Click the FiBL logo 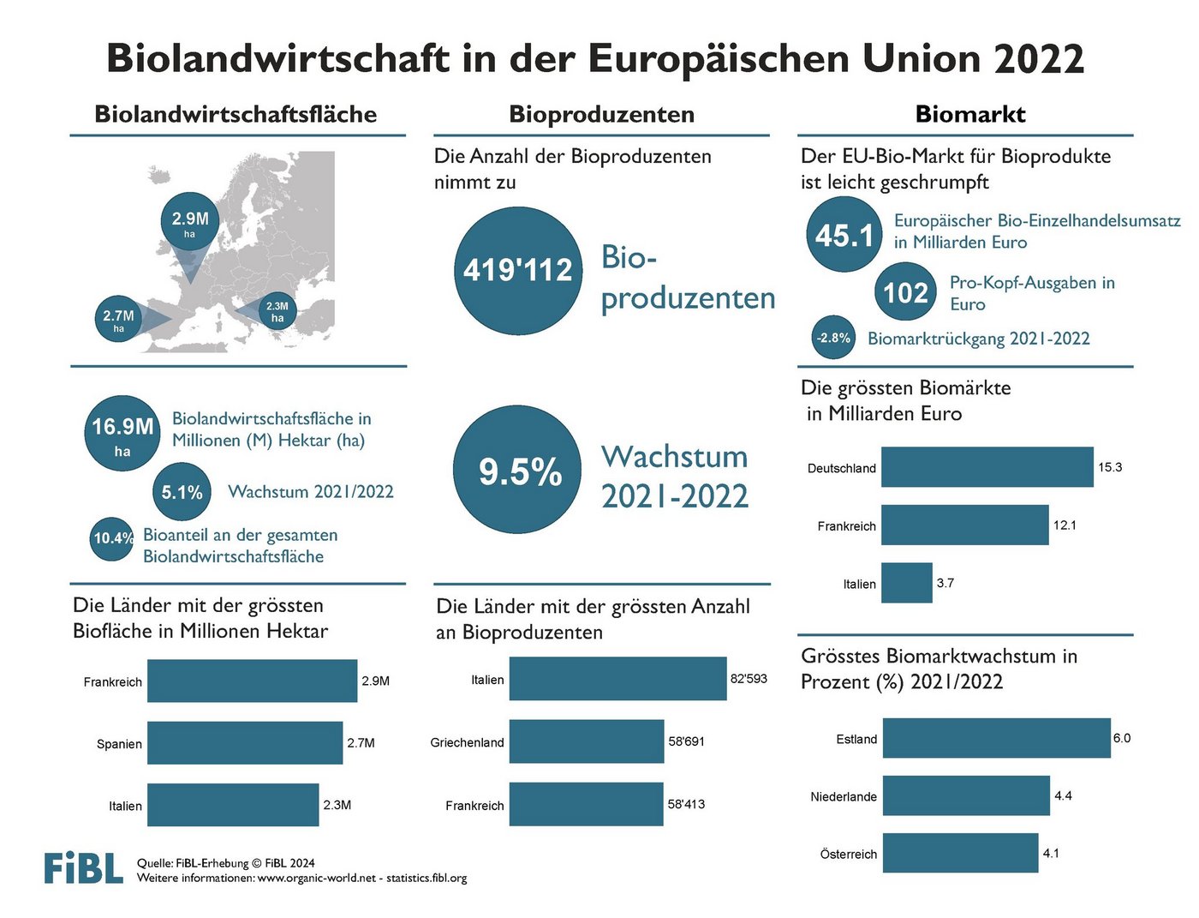84,867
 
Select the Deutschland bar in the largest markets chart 987,467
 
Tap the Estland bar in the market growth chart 996,738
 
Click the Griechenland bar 586,741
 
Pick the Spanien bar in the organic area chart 244,743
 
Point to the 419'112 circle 517,271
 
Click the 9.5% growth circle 517,471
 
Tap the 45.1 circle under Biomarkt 844,235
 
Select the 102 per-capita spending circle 905,293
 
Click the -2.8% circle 833,338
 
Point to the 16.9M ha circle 122,433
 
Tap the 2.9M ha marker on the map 190,221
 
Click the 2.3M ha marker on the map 277,312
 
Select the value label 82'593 749,679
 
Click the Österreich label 848,855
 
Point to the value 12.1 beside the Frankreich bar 1065,525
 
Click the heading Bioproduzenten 601,114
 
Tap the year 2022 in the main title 1039,60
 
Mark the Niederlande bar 965,795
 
